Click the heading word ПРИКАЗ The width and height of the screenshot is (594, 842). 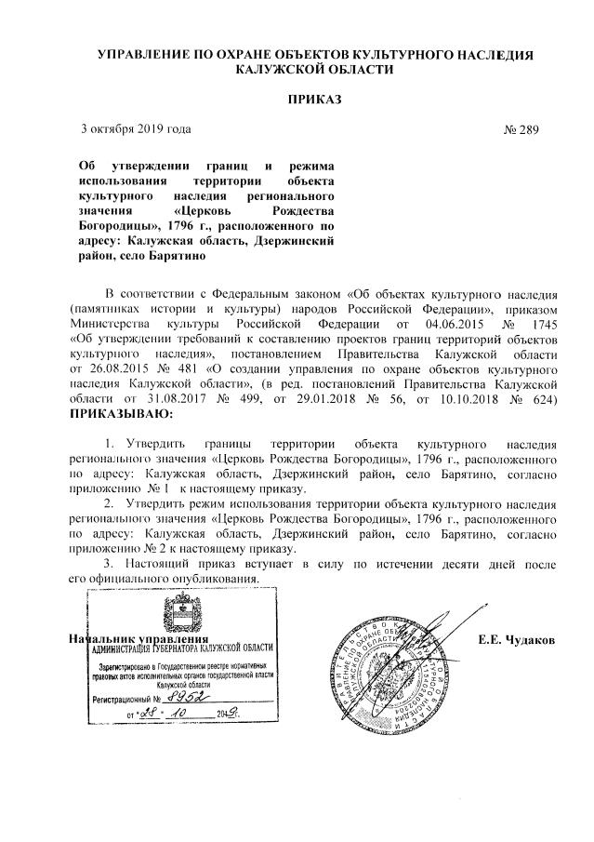coord(315,98)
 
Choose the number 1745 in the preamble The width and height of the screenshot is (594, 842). coord(539,323)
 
